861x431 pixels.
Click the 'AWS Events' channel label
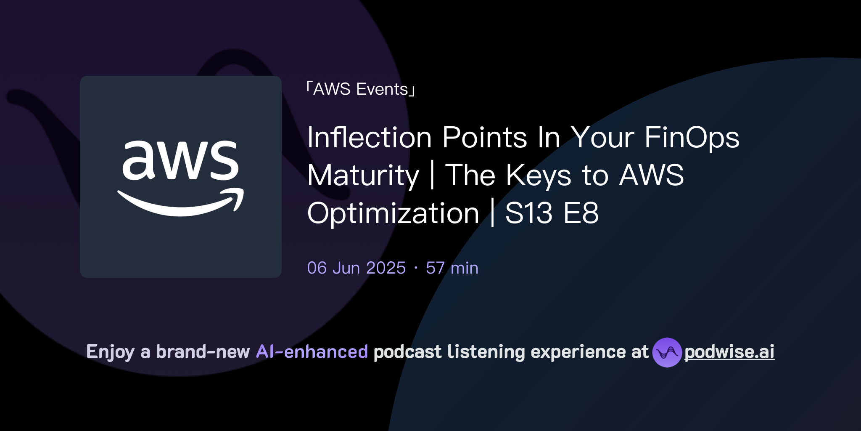pyautogui.click(x=361, y=89)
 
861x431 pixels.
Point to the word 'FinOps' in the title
pyautogui.click(x=692, y=138)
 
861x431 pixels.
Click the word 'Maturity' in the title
pyautogui.click(x=363, y=176)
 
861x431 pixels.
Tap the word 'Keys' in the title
pyautogui.click(x=539, y=176)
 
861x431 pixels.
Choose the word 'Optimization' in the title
pyautogui.click(x=393, y=213)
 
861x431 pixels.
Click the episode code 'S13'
pyautogui.click(x=528, y=213)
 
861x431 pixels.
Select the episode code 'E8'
pyautogui.click(x=581, y=213)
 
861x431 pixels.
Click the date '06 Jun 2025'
pyautogui.click(x=356, y=268)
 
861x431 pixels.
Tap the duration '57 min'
pyautogui.click(x=452, y=268)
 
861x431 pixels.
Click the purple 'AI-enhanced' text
pyautogui.click(x=312, y=352)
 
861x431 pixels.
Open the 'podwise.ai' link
pyautogui.click(x=729, y=352)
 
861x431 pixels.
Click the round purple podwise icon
pyautogui.click(x=667, y=352)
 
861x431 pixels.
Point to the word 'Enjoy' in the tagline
pyautogui.click(x=110, y=352)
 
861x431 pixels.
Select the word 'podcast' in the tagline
pyautogui.click(x=407, y=352)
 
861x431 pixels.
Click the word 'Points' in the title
pyautogui.click(x=485, y=138)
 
